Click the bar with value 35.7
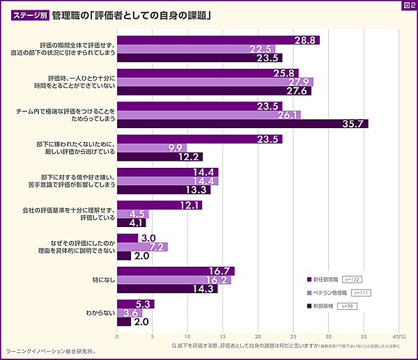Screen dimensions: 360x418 (x=242, y=124)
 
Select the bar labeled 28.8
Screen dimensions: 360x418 (x=218, y=40)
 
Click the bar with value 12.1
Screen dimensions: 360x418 (x=160, y=205)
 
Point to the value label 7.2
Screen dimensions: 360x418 (x=157, y=246)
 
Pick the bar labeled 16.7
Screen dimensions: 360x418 (x=176, y=271)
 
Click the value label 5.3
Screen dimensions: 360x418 (x=144, y=304)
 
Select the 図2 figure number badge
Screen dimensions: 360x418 (x=408, y=6)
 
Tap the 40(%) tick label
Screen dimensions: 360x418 (x=399, y=337)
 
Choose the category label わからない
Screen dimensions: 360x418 (x=98, y=313)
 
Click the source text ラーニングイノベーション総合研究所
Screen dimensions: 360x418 (x=50, y=352)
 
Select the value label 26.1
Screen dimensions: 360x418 (x=288, y=115)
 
